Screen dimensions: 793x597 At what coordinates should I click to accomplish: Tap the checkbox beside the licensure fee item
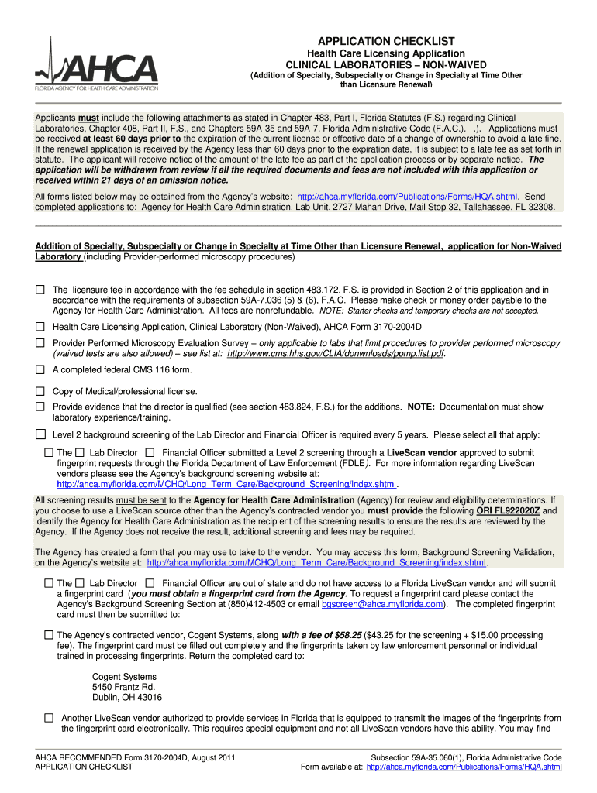40,290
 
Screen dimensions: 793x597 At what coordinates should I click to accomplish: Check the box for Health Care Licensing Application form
40,327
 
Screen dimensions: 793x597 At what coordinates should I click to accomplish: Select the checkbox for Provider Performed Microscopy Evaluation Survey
40,342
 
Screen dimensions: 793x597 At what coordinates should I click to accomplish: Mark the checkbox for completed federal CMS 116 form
40,369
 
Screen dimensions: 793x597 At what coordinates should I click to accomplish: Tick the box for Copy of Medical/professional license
40,391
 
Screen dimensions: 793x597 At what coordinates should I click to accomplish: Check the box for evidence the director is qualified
40,407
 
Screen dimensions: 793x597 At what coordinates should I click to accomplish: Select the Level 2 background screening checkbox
40,434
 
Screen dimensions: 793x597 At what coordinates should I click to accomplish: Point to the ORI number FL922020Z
509,512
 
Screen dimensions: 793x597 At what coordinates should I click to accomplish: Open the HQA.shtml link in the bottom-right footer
464,767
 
